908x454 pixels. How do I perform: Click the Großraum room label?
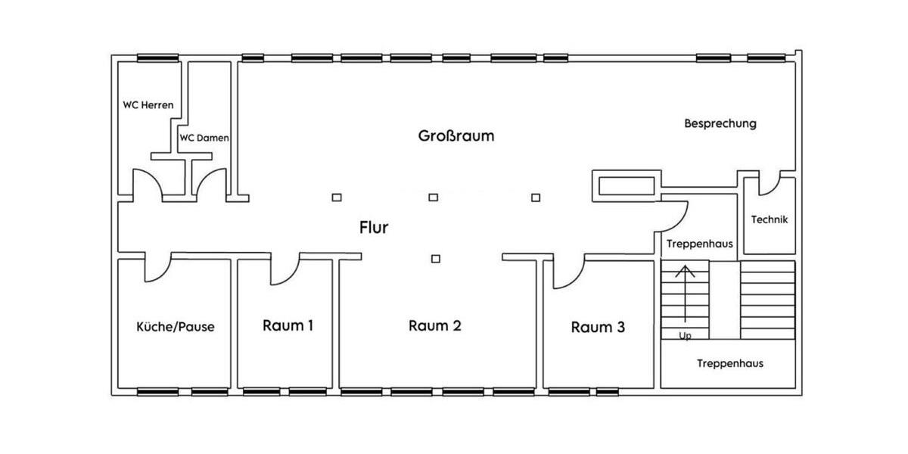click(x=456, y=136)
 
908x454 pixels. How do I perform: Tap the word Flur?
click(x=374, y=227)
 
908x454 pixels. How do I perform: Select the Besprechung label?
click(x=720, y=123)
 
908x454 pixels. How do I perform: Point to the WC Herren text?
click(x=148, y=105)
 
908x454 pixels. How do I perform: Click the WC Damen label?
click(x=204, y=138)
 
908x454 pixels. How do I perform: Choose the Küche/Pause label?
click(x=175, y=327)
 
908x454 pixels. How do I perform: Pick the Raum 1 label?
click(x=288, y=325)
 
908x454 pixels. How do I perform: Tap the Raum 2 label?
click(x=435, y=326)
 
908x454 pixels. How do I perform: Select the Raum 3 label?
click(x=598, y=327)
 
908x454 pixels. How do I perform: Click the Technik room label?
click(x=770, y=219)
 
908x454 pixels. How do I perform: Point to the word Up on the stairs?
click(x=685, y=336)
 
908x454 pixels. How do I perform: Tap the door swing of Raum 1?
click(x=286, y=272)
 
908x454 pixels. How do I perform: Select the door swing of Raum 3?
click(x=567, y=274)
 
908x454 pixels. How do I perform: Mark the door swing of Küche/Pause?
click(x=157, y=269)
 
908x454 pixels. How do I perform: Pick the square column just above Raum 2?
click(x=435, y=259)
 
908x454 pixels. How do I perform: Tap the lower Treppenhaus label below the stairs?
click(x=729, y=364)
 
